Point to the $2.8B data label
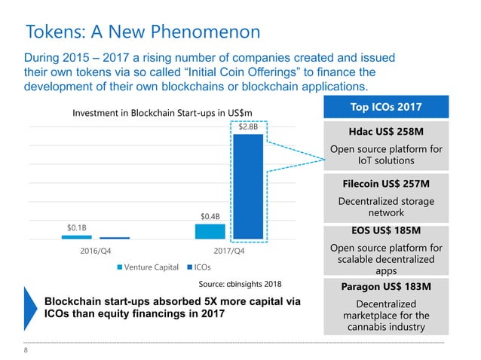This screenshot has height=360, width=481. click(x=248, y=127)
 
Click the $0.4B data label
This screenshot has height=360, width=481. click(x=210, y=217)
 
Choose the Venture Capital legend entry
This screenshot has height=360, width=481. click(x=147, y=266)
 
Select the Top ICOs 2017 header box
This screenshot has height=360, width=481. click(x=385, y=106)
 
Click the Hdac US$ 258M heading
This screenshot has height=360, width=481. click(x=385, y=130)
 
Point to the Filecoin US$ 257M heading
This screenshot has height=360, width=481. click(x=385, y=184)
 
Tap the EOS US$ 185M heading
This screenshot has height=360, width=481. click(x=385, y=230)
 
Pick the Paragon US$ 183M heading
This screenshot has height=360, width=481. click(x=385, y=287)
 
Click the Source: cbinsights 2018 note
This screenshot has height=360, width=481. click(x=240, y=284)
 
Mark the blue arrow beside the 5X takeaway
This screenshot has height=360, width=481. click(x=30, y=309)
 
